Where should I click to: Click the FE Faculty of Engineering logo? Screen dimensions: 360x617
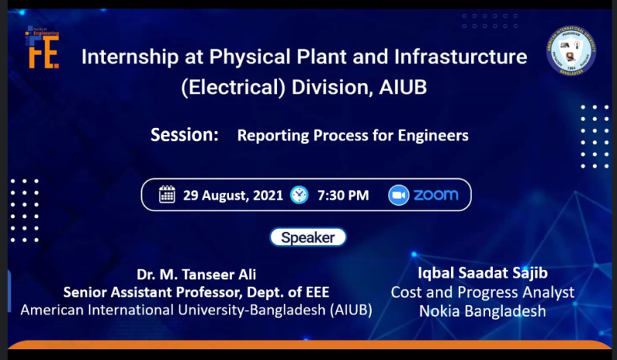click(x=43, y=46)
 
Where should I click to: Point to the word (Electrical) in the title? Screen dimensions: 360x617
click(x=233, y=87)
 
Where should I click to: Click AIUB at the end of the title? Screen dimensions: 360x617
click(x=402, y=87)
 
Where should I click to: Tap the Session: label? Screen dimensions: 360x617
click(x=185, y=135)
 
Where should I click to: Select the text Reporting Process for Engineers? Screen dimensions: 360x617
click(x=352, y=136)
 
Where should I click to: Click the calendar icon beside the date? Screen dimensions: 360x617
click(x=167, y=194)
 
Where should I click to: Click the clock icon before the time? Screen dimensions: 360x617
click(x=299, y=194)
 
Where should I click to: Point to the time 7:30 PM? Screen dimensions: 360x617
click(x=342, y=195)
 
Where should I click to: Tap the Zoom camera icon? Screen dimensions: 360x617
click(x=398, y=194)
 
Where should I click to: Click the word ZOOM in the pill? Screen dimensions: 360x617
click(x=436, y=194)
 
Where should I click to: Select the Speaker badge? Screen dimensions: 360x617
click(x=308, y=237)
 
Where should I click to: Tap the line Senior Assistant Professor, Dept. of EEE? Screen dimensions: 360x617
click(x=196, y=292)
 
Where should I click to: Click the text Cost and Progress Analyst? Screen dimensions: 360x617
click(x=482, y=292)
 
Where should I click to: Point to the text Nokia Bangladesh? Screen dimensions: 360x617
click(x=482, y=311)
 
